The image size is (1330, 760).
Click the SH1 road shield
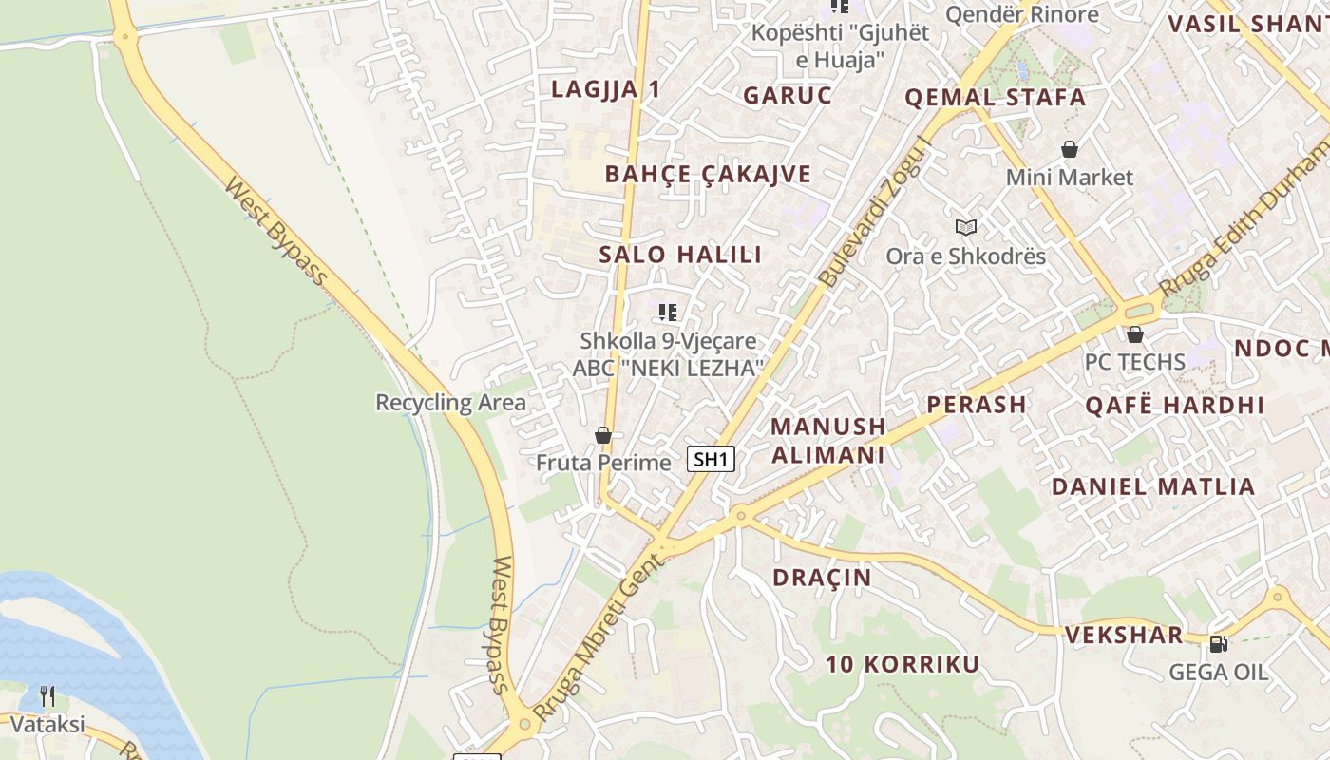tap(712, 460)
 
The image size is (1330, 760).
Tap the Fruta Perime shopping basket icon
tap(602, 435)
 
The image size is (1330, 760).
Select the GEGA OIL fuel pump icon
tap(1218, 644)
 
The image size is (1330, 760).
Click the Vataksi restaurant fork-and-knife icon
tap(47, 696)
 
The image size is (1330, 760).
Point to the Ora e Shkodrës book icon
tap(965, 228)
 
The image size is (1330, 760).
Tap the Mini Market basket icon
tap(1070, 149)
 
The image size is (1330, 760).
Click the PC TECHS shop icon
tap(1135, 334)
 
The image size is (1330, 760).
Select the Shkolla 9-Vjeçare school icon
tap(668, 312)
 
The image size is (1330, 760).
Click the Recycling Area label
tap(450, 402)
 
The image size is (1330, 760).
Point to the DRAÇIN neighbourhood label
tap(822, 578)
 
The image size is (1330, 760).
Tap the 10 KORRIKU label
tap(902, 664)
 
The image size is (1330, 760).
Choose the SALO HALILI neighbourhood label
tap(680, 255)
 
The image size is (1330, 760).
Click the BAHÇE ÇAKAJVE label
tap(708, 174)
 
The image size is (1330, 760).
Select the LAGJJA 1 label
tap(605, 89)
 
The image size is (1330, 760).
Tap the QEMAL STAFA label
tap(995, 97)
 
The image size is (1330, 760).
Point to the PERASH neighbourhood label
tap(977, 405)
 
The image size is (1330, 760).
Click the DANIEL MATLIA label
tap(1153, 486)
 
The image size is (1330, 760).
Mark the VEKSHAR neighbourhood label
tap(1124, 635)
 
